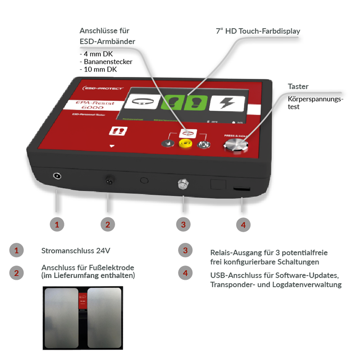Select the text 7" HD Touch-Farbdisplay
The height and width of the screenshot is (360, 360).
pos(258,31)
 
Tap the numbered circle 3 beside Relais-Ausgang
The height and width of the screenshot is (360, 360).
pos(185,250)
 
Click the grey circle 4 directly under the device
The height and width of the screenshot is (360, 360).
pos(243,225)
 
